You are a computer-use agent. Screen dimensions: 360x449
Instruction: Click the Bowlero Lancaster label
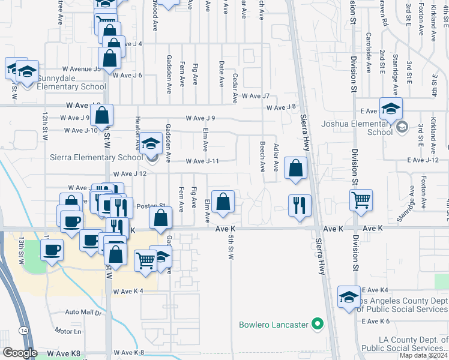coord(273,325)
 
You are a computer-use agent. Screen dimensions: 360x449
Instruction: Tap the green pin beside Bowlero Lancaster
coord(317,326)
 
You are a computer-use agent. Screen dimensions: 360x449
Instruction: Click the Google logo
coord(20,353)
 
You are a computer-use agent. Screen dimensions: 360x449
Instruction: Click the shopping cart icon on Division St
coord(360,200)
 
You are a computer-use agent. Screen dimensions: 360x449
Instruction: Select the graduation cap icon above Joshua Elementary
coord(390,109)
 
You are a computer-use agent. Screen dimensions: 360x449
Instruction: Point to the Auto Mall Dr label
coord(84,313)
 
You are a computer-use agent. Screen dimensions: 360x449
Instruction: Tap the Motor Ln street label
coord(68,331)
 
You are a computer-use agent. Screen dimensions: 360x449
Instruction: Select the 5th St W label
coord(231,247)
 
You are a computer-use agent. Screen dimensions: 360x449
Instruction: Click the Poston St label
coord(146,206)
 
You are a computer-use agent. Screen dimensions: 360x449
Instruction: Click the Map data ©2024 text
coord(423,355)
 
